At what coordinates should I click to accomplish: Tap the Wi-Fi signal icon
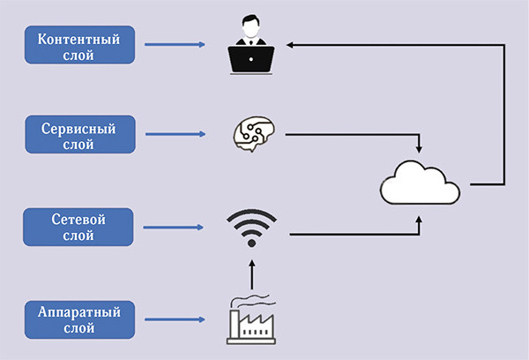click(251, 227)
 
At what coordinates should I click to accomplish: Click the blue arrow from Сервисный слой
click(177, 135)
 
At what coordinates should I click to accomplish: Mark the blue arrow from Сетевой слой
click(177, 227)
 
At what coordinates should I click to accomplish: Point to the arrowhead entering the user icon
click(294, 41)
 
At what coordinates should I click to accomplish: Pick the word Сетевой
click(79, 218)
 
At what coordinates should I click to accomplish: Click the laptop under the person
click(252, 58)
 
